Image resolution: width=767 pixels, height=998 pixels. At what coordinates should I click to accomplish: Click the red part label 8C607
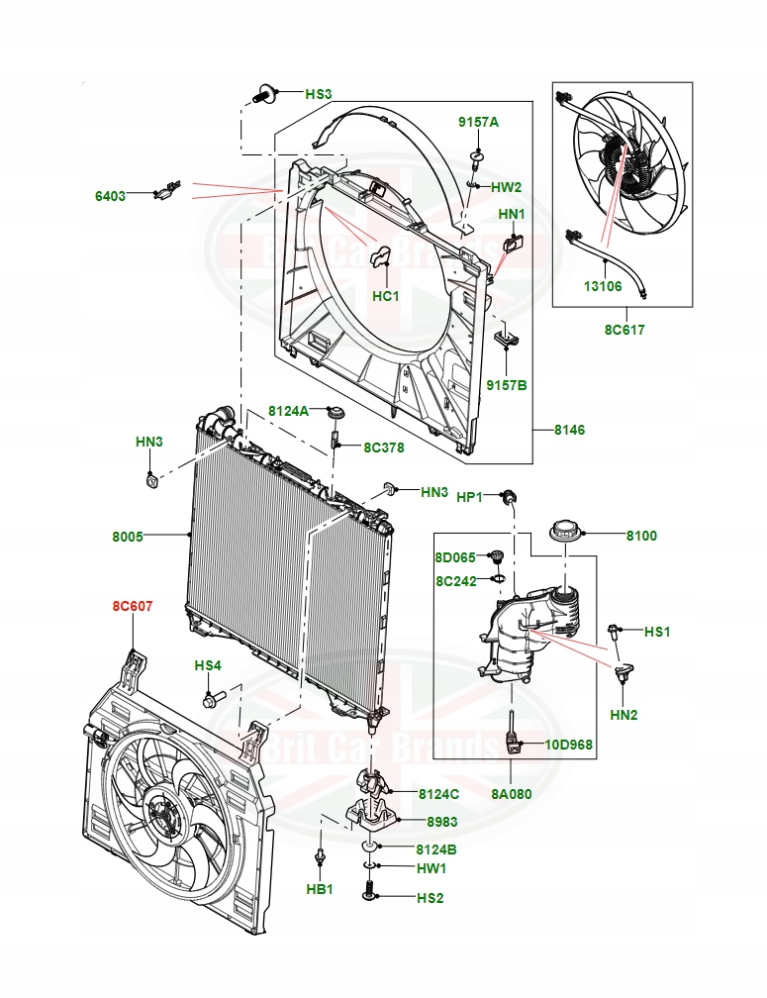click(x=132, y=606)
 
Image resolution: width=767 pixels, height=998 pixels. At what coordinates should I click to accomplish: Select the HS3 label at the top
click(x=318, y=94)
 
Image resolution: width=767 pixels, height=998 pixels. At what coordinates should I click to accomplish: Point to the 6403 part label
click(x=110, y=196)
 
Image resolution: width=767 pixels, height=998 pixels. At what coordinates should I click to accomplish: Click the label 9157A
click(x=478, y=122)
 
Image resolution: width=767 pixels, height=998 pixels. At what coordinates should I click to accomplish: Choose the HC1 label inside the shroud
click(x=385, y=296)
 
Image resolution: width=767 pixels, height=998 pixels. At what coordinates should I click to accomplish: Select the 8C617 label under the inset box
click(x=624, y=330)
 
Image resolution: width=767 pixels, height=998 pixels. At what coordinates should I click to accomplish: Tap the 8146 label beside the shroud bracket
click(x=570, y=430)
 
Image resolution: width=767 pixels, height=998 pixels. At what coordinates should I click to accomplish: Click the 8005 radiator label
click(x=128, y=537)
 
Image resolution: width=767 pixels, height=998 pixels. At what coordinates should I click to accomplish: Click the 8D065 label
click(x=456, y=557)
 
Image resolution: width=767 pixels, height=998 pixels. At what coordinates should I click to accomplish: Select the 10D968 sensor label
click(x=569, y=744)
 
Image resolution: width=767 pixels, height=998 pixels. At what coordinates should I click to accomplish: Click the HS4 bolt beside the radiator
click(x=212, y=701)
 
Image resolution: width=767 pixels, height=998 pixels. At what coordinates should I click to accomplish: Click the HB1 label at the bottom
click(x=319, y=889)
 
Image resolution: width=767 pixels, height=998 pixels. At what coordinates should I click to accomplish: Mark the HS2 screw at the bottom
click(x=370, y=896)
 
